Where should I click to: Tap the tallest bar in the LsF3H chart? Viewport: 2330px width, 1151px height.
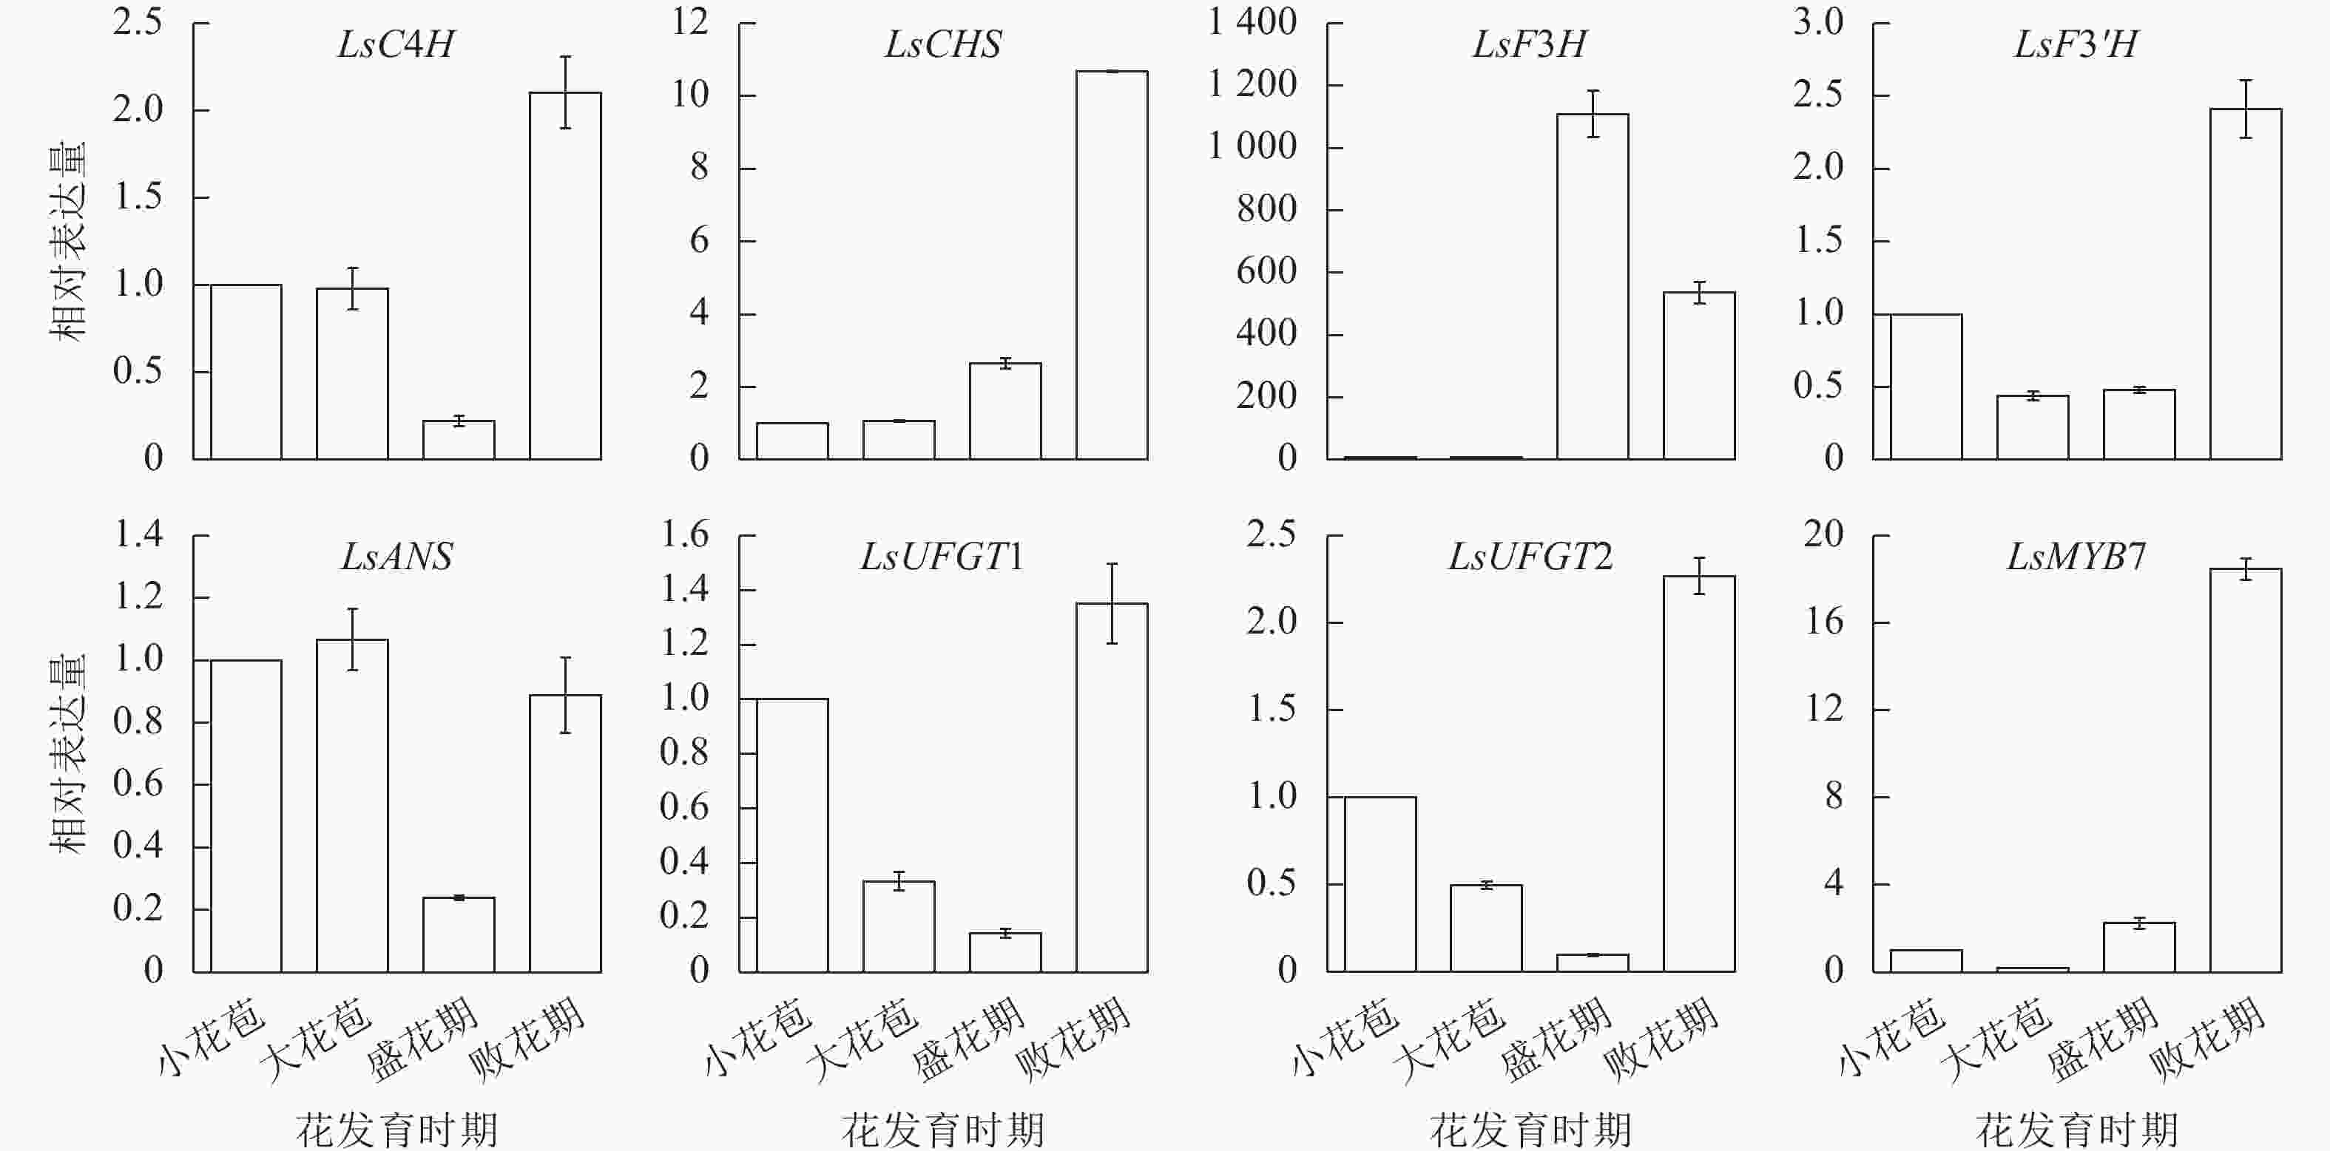(x=1592, y=287)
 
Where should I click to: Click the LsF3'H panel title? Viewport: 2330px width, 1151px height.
(x=2076, y=44)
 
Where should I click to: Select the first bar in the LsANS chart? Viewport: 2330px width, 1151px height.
(x=246, y=815)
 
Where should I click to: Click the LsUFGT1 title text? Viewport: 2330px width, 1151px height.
(x=942, y=557)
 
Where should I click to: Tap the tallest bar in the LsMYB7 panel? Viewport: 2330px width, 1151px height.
(x=2245, y=770)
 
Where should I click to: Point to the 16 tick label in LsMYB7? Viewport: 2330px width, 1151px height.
(x=1824, y=622)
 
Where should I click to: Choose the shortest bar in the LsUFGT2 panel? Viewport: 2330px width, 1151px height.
(x=1592, y=963)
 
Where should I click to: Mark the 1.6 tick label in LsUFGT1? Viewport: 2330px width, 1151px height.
(x=685, y=534)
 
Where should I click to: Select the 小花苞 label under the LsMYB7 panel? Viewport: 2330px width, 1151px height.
(x=1891, y=1037)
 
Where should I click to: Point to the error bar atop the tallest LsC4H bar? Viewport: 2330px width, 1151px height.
(x=565, y=92)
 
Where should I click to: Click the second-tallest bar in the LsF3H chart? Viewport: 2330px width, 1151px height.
(x=1698, y=376)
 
